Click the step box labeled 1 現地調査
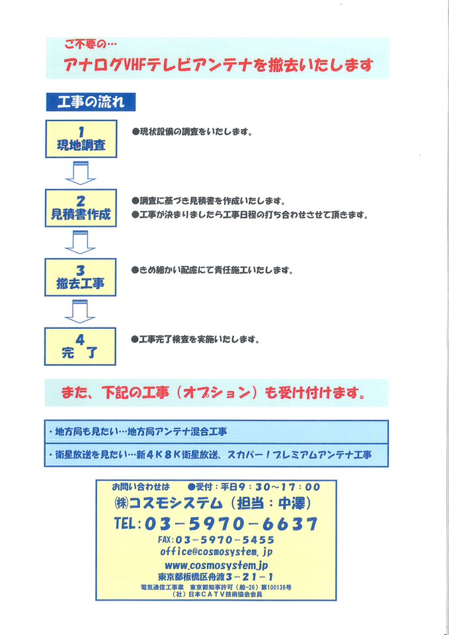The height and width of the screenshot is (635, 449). click(81, 138)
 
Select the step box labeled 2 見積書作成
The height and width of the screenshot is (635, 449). click(81, 208)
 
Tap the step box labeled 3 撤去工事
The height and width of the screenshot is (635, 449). click(81, 277)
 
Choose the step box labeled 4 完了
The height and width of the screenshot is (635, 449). click(80, 346)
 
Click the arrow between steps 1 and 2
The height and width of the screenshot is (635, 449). click(81, 173)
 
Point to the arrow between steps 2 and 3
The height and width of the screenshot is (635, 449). click(80, 243)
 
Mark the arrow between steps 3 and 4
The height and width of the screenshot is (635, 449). click(80, 312)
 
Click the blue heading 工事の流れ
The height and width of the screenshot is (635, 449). click(91, 102)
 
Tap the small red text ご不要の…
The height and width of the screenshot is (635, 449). click(86, 44)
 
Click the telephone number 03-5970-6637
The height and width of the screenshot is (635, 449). click(231, 524)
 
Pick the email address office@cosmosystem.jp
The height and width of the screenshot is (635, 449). click(216, 552)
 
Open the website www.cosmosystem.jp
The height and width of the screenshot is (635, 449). click(216, 564)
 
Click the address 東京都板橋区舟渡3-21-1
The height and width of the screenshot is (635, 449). click(215, 576)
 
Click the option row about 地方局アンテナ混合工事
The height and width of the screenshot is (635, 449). click(216, 432)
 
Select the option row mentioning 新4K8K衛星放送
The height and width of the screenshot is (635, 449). click(216, 455)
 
